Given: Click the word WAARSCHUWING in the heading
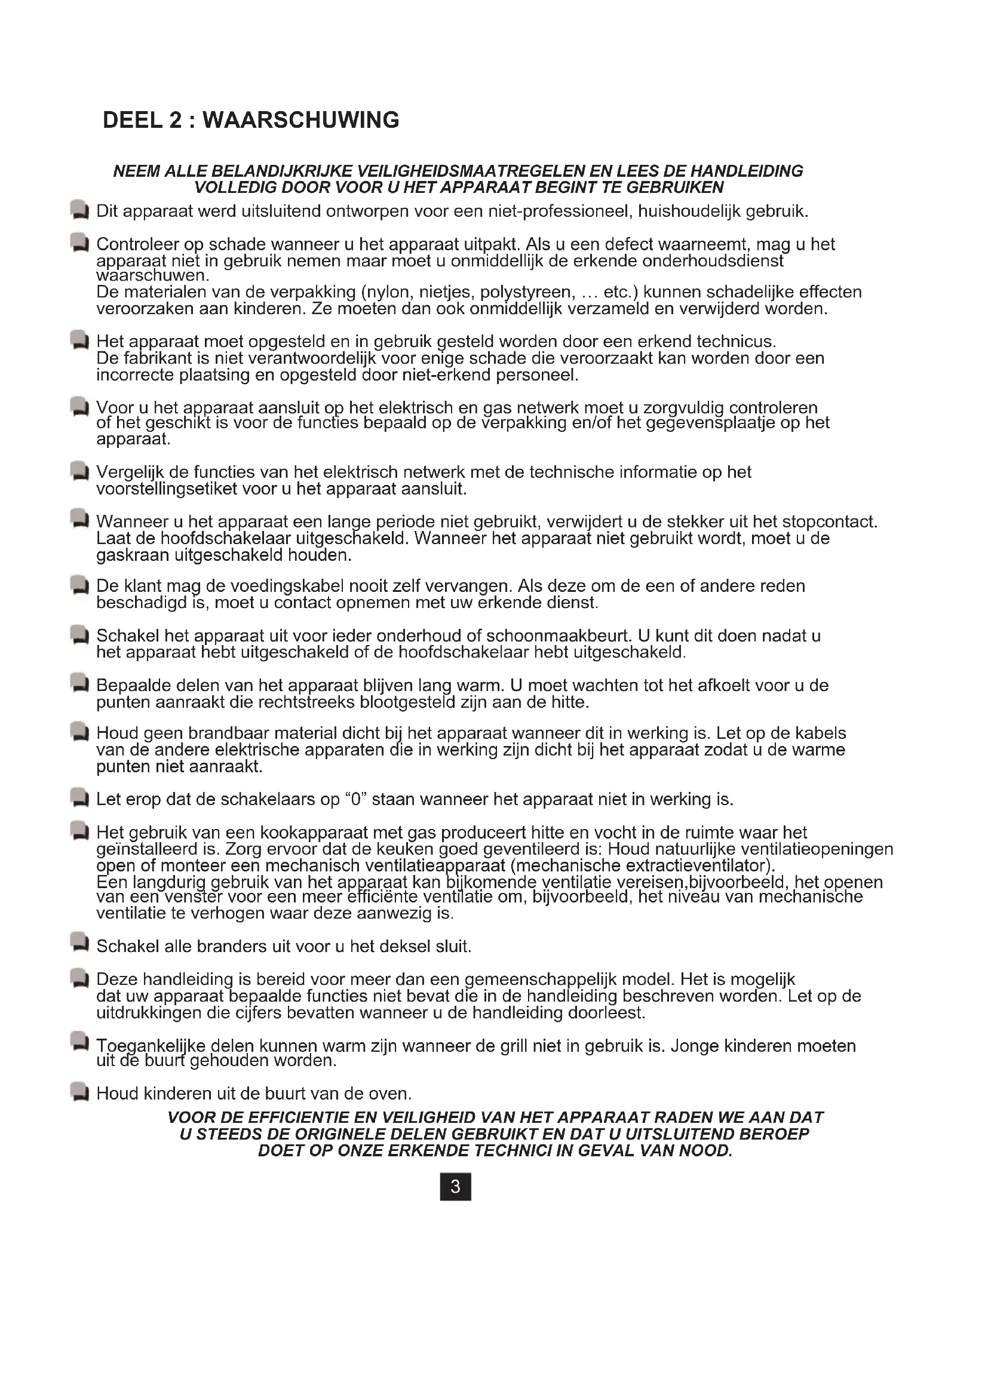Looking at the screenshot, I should (x=300, y=121).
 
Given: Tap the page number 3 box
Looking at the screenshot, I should (x=455, y=1187).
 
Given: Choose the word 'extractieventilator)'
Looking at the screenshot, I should (x=700, y=865).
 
